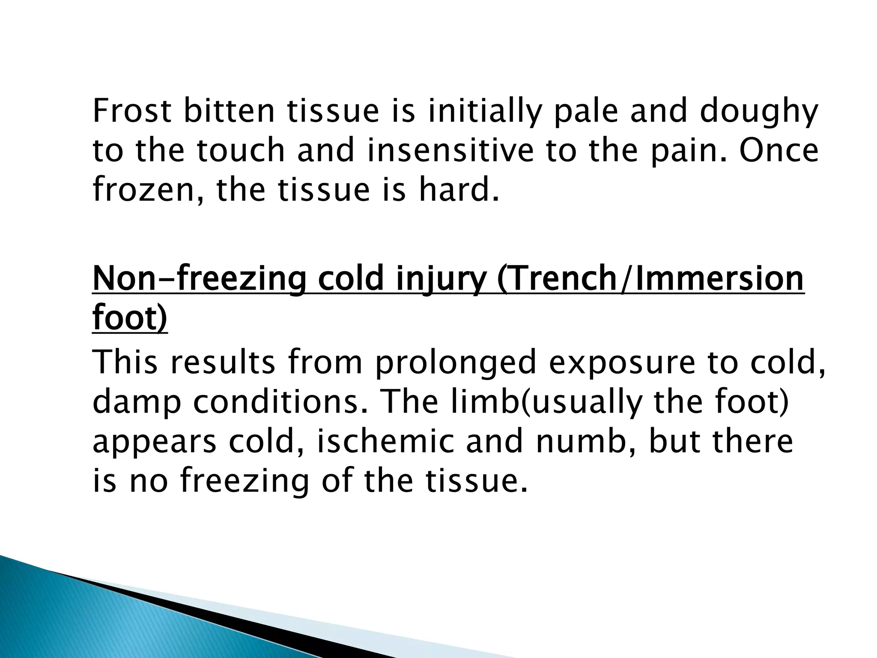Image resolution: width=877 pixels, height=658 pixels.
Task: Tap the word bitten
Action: pos(229,111)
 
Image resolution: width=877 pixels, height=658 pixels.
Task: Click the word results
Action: pos(223,362)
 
